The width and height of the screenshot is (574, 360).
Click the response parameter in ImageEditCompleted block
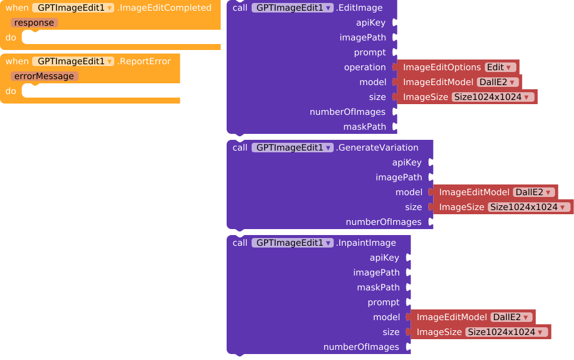coord(34,23)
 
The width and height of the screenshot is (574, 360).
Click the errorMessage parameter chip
coord(44,76)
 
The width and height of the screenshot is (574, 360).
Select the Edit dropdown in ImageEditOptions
coord(500,67)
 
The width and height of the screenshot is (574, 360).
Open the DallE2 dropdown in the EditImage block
coord(498,82)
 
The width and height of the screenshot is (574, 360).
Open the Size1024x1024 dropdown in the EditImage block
coord(493,97)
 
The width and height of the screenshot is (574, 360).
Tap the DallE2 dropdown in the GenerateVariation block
coord(534,192)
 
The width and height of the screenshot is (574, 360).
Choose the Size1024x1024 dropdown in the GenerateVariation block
coord(529,207)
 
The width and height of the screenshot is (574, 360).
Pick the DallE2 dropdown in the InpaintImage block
coord(512,317)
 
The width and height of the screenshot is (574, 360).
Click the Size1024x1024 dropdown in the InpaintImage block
coord(507,332)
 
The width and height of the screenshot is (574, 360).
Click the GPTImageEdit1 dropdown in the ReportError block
coord(73,61)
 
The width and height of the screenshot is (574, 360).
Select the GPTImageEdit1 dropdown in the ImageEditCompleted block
coord(73,8)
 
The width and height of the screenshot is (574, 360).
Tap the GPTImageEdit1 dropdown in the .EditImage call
coord(293,8)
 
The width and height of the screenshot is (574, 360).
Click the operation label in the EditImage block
coord(365,67)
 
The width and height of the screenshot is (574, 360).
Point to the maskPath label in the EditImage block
coord(365,127)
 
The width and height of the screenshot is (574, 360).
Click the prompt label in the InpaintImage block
coord(384,302)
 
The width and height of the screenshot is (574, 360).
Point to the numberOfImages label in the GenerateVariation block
coord(384,222)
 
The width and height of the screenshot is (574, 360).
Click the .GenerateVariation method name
coord(377,148)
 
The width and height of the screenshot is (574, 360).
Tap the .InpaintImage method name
coord(366,243)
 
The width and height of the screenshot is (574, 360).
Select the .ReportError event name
coord(144,61)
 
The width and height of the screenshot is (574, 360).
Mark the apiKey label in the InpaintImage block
coord(384,258)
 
